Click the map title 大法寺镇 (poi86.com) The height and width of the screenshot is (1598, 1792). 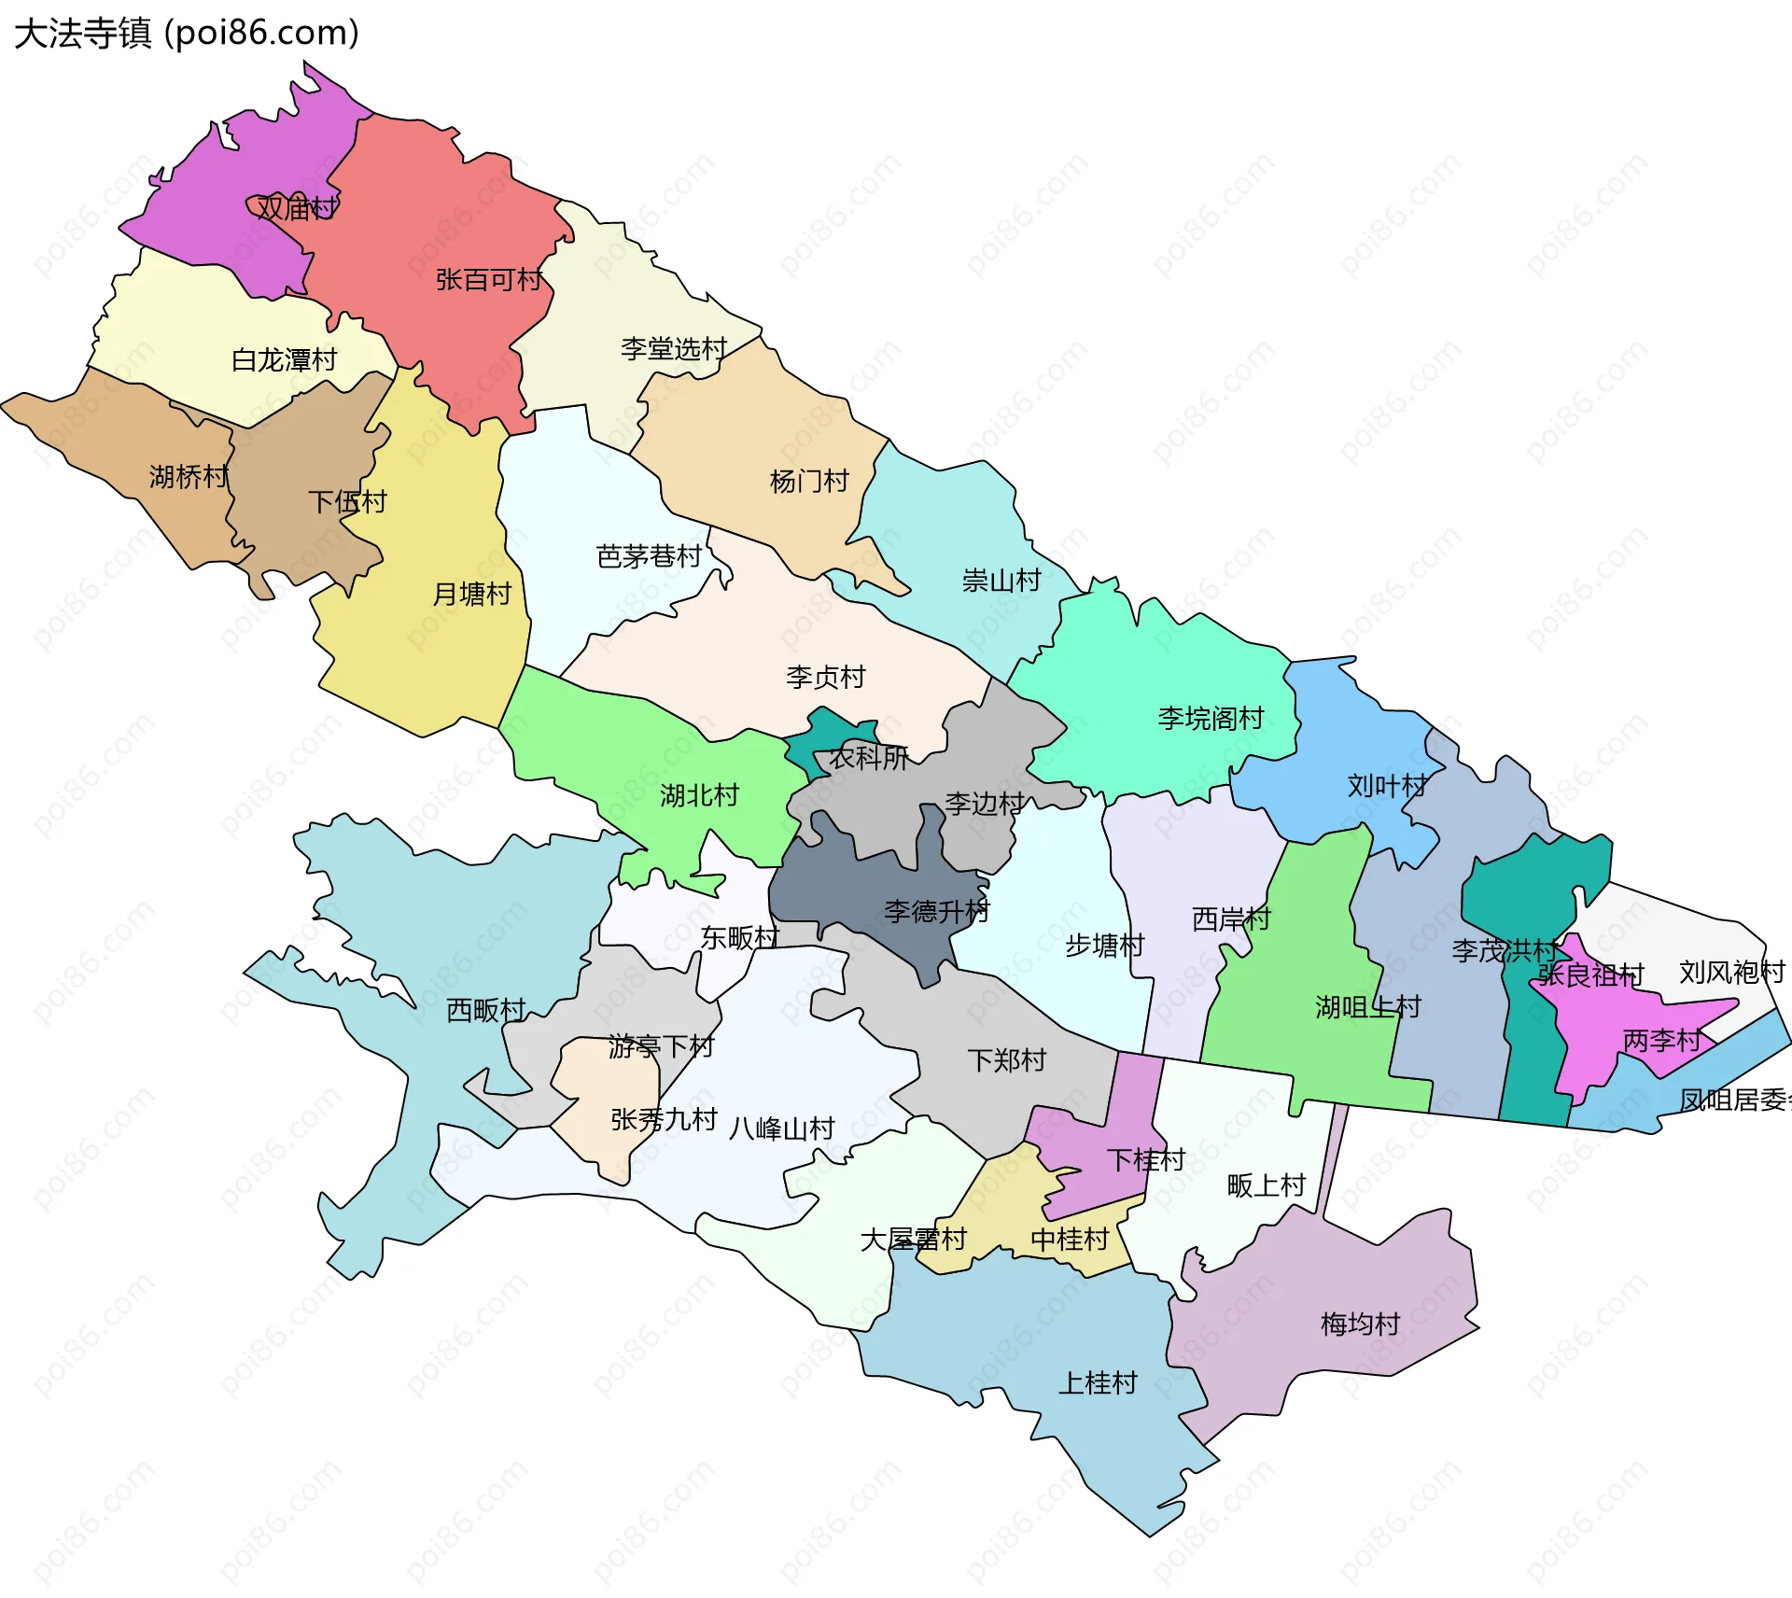187,33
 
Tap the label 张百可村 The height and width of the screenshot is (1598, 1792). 488,279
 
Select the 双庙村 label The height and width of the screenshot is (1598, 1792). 297,207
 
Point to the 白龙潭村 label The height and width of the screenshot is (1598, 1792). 284,359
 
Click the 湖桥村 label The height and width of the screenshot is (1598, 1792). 189,476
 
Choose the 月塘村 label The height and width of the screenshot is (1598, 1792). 472,594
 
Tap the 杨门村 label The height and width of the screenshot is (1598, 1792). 809,481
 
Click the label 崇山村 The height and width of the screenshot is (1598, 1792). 1001,581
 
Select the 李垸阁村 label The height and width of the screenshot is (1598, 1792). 1211,718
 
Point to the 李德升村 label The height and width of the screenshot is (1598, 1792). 936,911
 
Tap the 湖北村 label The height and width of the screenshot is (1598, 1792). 699,795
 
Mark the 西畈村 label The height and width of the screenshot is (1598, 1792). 485,1010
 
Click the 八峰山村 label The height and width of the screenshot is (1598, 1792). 782,1128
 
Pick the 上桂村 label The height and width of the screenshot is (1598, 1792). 1098,1382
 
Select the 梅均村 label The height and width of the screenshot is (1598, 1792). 1360,1324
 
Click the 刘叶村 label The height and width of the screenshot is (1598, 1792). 1387,786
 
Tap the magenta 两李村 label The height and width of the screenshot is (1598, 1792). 1661,1040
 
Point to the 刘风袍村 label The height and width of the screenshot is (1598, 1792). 1731,973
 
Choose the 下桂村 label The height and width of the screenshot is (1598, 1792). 1145,1159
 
